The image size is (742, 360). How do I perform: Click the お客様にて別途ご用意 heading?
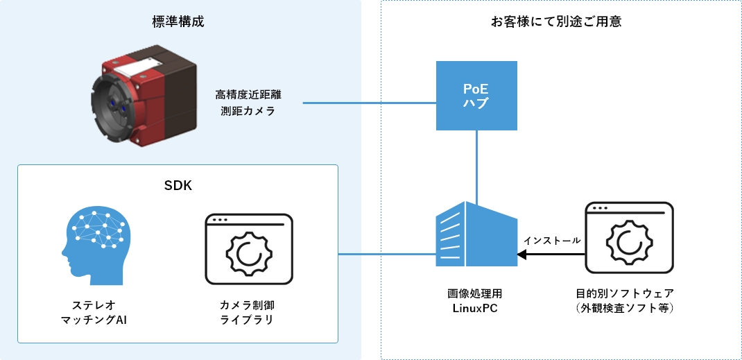(555, 22)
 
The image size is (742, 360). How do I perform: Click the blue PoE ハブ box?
(476, 96)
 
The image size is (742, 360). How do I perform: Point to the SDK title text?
(178, 187)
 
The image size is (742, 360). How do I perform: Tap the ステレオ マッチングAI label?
(94, 312)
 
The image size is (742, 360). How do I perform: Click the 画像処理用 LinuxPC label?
(475, 300)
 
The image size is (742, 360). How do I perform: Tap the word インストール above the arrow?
(552, 240)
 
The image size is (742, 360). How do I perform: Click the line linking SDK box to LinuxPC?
(386, 254)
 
